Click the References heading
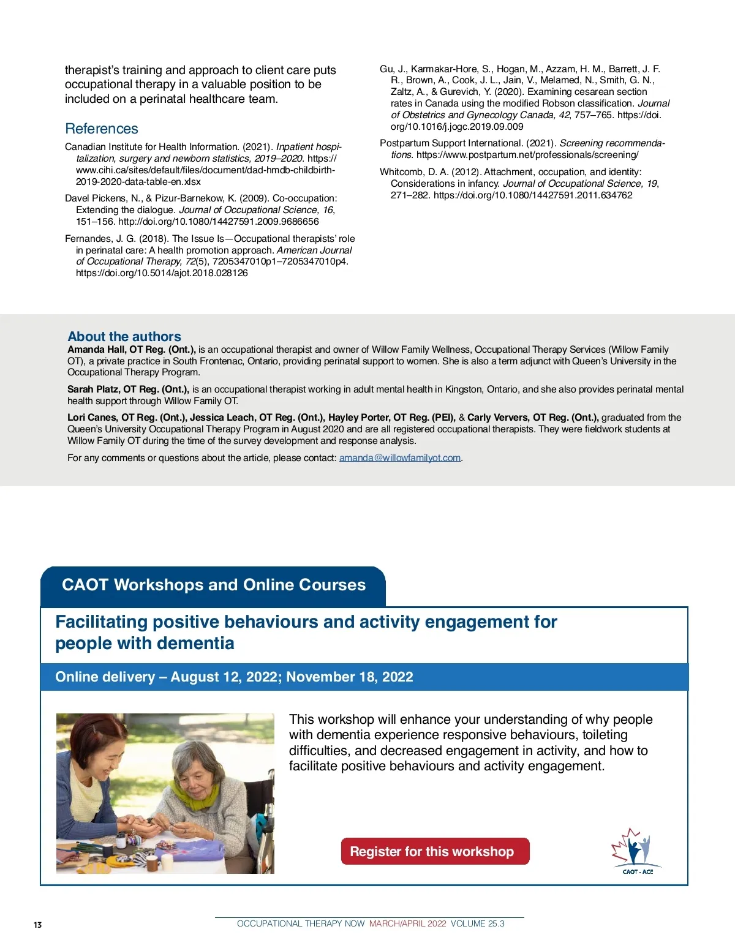[102, 129]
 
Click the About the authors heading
[124, 336]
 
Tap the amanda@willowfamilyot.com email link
[400, 457]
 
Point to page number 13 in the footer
[38, 925]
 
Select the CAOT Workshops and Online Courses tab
[213, 585]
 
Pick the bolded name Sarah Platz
[92, 389]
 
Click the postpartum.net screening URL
[527, 155]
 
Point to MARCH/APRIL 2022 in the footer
[407, 923]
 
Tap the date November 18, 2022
[350, 677]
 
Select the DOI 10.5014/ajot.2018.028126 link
[162, 273]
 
